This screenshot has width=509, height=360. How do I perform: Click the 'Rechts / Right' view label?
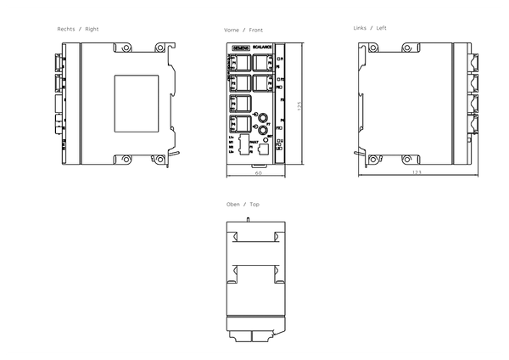[x=78, y=29]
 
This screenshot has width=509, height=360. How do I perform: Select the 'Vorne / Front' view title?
[x=243, y=29]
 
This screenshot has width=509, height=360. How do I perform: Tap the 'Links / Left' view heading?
[x=370, y=29]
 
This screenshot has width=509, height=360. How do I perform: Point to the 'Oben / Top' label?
[x=243, y=205]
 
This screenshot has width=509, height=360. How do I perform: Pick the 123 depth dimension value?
[x=416, y=173]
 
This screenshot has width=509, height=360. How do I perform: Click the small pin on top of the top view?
[x=247, y=219]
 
